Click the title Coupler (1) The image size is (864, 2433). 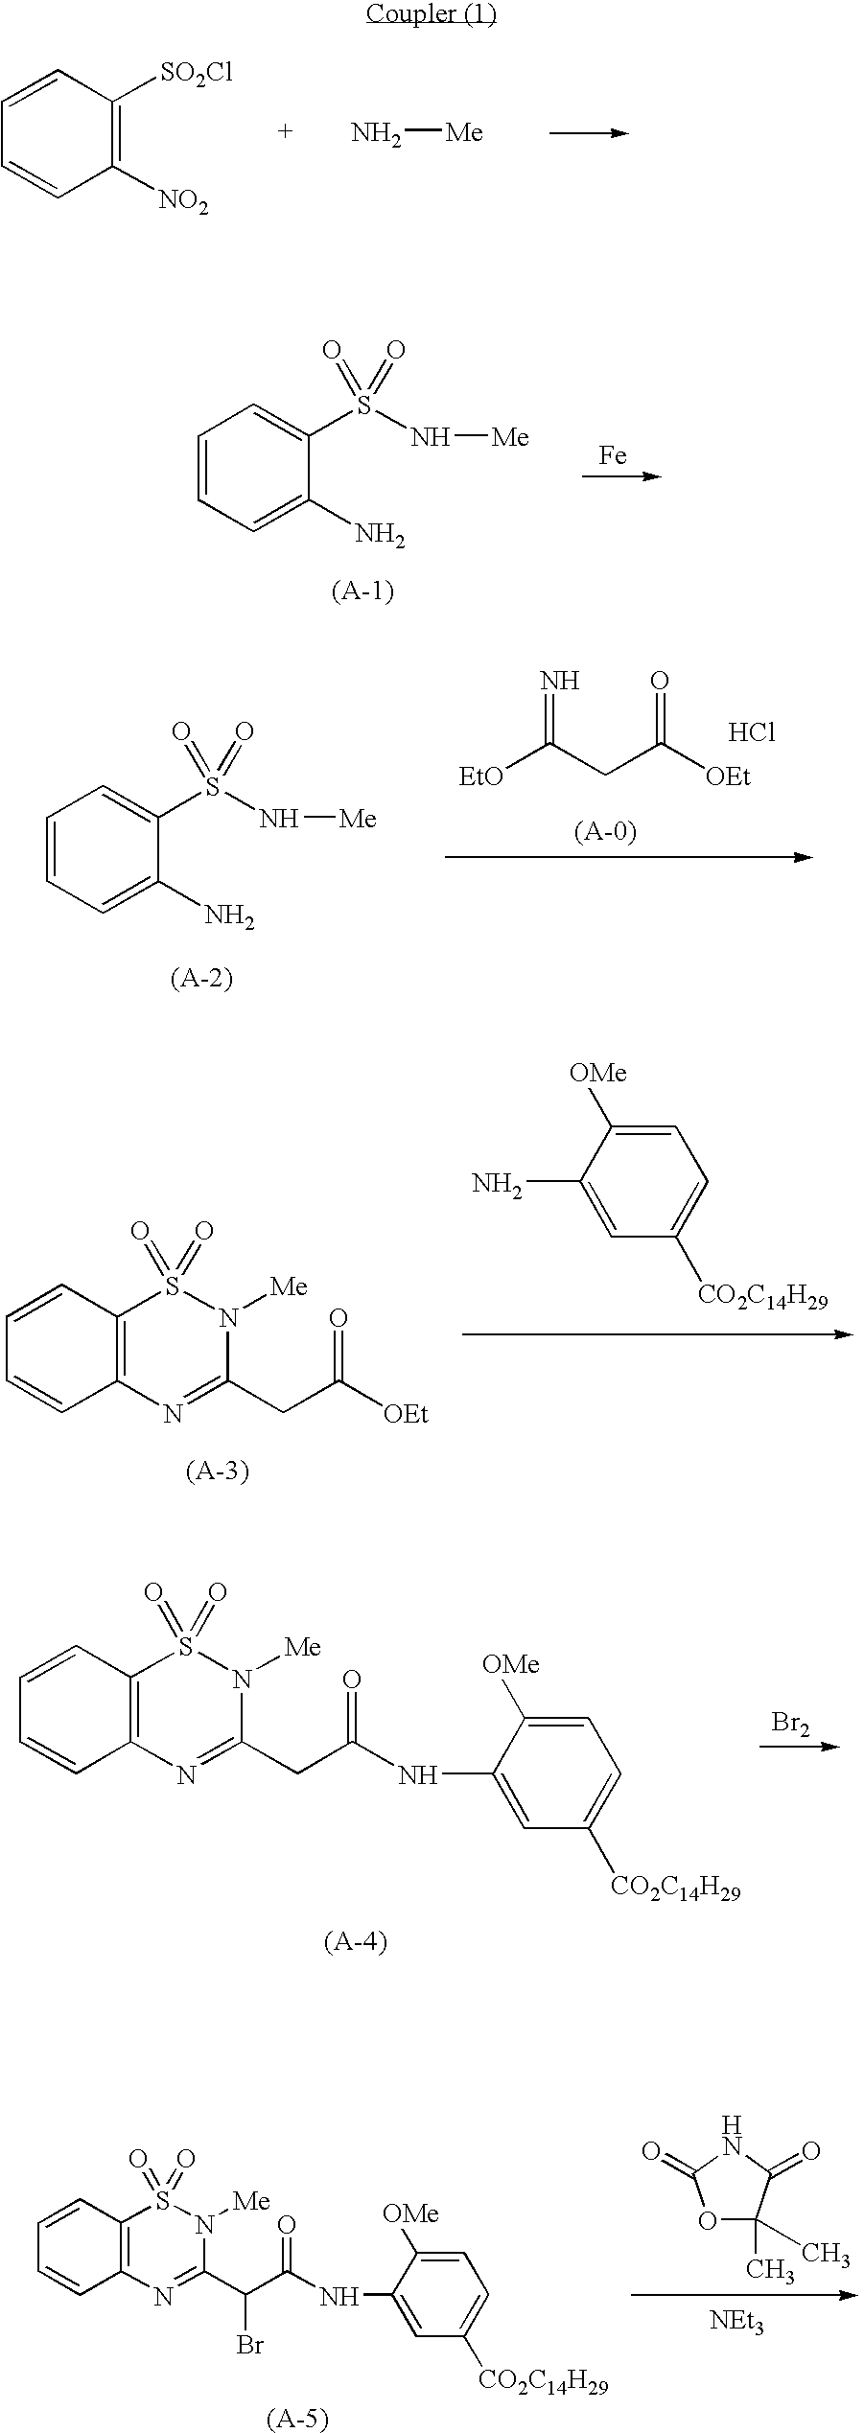point(431,13)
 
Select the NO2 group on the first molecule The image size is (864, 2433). point(182,201)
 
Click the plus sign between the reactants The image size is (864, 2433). point(285,131)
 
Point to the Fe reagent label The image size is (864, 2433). point(613,455)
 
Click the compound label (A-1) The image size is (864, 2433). point(362,591)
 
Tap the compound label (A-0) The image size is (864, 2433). point(605,831)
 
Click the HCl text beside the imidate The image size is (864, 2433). point(752,733)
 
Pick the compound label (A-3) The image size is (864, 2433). point(217,1471)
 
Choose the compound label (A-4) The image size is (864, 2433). point(355,1942)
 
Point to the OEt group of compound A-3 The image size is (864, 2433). point(406,1414)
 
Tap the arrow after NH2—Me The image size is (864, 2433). point(588,132)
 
